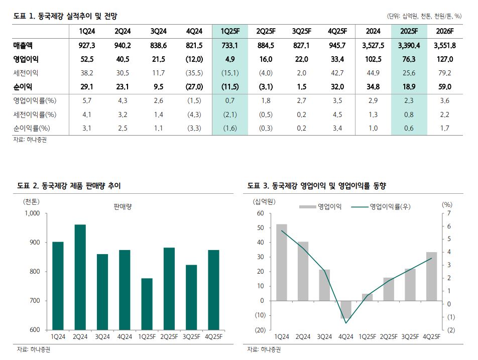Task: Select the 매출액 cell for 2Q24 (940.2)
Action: click(123, 46)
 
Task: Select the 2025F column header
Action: click(409, 31)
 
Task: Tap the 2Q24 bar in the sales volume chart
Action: click(80, 277)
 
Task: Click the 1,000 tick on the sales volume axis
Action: click(31, 213)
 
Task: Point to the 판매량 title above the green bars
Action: click(122, 206)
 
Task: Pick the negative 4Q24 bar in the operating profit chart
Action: click(346, 309)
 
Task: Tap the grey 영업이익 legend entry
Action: click(321, 206)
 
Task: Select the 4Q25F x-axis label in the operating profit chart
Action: click(432, 336)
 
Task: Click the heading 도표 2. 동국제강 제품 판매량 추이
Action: click(69, 186)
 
